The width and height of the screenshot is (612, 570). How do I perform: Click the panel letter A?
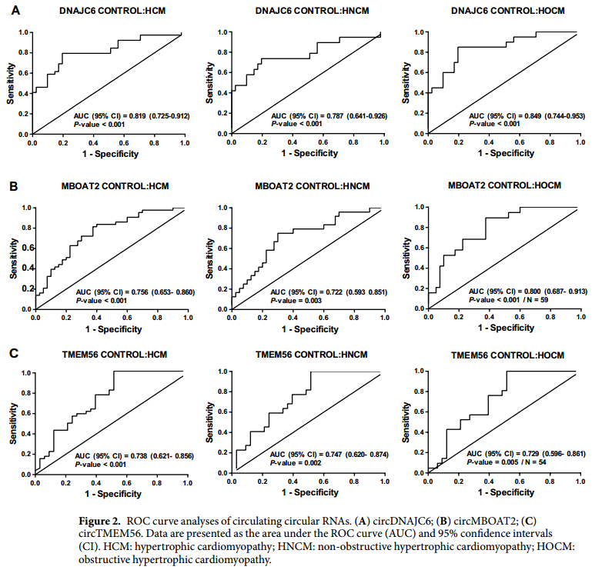coord(14,11)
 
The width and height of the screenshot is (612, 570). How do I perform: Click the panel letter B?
coord(14,186)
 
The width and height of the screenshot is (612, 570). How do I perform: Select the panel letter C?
coord(14,354)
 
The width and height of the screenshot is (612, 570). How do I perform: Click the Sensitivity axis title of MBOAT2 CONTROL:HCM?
coord(15,257)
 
